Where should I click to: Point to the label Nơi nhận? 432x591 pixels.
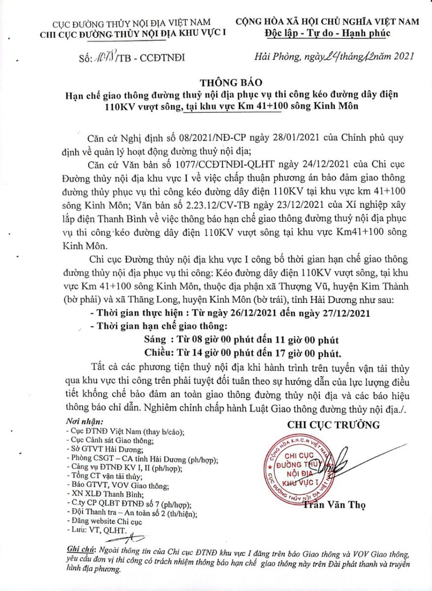pyautogui.click(x=84, y=422)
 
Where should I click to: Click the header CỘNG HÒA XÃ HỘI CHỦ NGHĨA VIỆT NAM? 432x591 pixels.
pyautogui.click(x=327, y=22)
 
